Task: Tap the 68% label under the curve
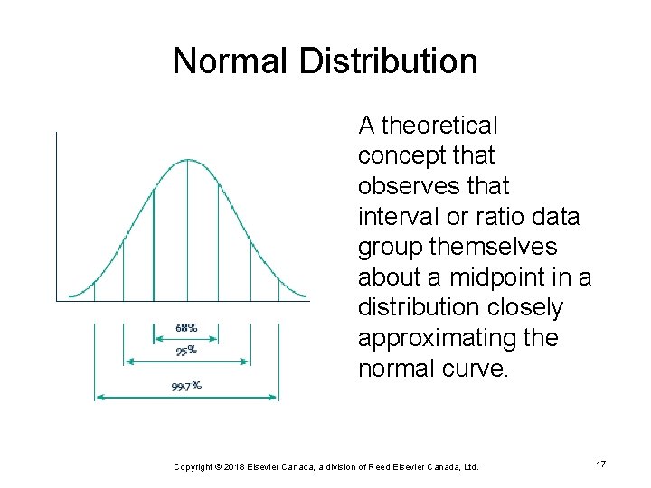[186, 327]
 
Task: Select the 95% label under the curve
[186, 351]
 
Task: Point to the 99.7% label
[186, 386]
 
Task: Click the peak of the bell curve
[187, 160]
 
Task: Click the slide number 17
[600, 464]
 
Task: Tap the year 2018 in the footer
[240, 466]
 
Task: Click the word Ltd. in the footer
[469, 466]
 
